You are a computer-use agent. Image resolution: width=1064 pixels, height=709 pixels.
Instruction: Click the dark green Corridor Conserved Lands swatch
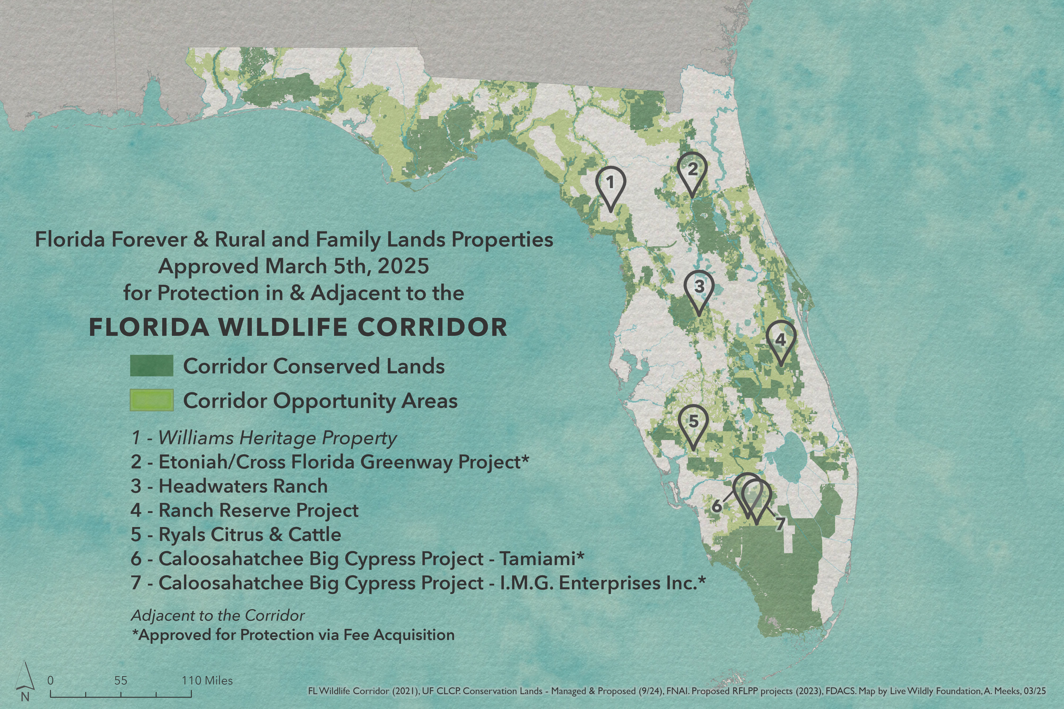click(x=152, y=365)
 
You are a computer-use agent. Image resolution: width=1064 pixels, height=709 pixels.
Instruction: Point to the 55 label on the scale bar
click(x=121, y=680)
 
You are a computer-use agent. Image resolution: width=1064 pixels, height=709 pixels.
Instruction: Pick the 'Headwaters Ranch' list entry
click(x=243, y=486)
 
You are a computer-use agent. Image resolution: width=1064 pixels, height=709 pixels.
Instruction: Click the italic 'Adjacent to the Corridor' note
click(x=218, y=615)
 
